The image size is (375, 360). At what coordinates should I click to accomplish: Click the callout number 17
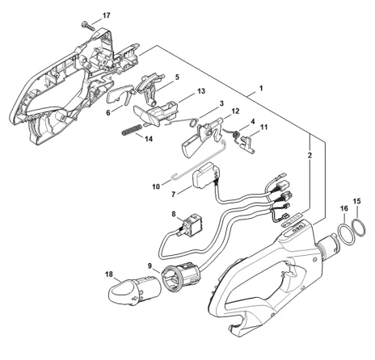107,15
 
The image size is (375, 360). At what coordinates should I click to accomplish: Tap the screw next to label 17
88,27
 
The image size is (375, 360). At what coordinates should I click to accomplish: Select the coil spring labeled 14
132,130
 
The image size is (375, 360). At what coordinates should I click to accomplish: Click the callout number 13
201,91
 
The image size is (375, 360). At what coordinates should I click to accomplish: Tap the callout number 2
310,155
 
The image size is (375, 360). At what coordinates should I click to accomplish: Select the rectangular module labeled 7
206,175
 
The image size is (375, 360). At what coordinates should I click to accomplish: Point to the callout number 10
156,186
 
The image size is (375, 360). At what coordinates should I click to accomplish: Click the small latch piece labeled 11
247,144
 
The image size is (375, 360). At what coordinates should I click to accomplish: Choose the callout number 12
235,111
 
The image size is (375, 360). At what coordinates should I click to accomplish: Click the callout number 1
261,88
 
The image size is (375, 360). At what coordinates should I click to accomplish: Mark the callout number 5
177,77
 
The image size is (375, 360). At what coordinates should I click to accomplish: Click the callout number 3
221,103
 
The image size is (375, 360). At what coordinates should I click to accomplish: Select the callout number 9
150,266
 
